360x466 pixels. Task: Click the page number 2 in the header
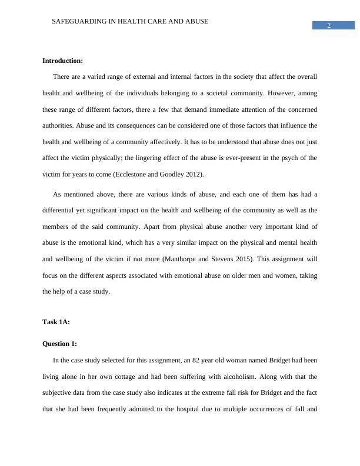tap(329, 25)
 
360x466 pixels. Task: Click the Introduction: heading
tap(63, 61)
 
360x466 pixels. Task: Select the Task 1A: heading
tap(56, 322)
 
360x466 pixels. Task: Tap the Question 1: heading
tap(60, 344)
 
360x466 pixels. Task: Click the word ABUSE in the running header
tap(198, 21)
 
